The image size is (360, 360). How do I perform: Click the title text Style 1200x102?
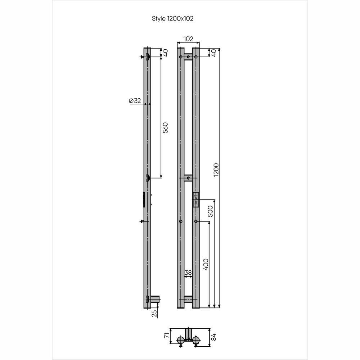172,19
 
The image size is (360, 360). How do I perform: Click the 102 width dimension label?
188,39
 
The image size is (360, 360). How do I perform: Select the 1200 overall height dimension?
216,170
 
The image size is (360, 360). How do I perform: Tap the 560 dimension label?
165,128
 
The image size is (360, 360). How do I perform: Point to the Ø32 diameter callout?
135,100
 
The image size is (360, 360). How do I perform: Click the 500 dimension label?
210,211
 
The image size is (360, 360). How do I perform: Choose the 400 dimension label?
206,264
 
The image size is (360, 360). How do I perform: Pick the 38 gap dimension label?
188,273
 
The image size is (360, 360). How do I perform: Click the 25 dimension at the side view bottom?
154,314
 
